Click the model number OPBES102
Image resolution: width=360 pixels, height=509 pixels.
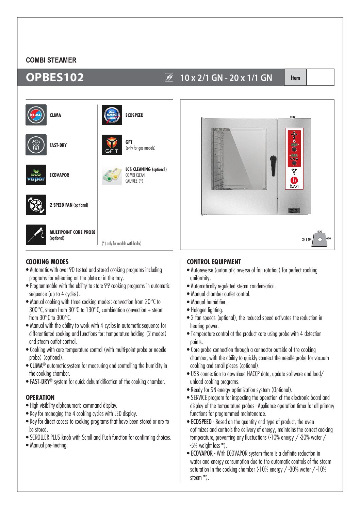click(x=55, y=78)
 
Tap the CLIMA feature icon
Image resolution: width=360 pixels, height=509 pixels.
click(x=36, y=115)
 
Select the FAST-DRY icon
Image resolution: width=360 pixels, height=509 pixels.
click(x=36, y=145)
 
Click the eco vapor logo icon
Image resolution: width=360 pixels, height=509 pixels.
click(x=36, y=175)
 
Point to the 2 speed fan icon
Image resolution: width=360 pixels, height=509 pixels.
click(x=36, y=205)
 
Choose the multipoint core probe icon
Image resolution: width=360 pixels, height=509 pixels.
click(x=36, y=235)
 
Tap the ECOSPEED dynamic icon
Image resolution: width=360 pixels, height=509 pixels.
click(x=112, y=115)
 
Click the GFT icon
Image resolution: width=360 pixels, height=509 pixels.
click(x=112, y=145)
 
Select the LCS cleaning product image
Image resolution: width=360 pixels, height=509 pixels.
click(x=112, y=175)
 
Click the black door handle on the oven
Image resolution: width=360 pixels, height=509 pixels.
click(x=273, y=165)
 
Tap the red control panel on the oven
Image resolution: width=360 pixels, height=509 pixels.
click(x=294, y=159)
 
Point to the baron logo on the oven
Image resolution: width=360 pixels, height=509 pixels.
click(x=294, y=182)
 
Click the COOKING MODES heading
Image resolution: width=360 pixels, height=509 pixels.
click(x=47, y=262)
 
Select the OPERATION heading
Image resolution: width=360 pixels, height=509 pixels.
click(x=40, y=397)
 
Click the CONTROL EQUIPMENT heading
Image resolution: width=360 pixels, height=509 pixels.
click(x=214, y=262)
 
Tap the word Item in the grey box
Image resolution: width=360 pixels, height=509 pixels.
click(x=295, y=78)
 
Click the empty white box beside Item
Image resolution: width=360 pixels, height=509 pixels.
click(x=320, y=78)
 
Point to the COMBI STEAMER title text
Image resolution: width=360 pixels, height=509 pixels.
click(x=51, y=60)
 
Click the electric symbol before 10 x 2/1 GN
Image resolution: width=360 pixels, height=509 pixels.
click(x=169, y=78)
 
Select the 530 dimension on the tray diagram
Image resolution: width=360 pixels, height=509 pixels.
click(x=320, y=232)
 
